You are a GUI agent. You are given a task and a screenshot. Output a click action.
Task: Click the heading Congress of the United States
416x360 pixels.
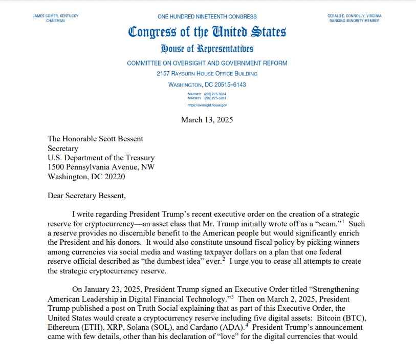point(207,32)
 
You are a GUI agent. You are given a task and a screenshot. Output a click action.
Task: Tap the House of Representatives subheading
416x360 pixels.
point(207,49)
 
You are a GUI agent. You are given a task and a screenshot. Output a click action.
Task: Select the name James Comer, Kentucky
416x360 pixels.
point(55,16)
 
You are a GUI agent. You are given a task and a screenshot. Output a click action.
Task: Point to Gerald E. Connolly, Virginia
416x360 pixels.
point(355,16)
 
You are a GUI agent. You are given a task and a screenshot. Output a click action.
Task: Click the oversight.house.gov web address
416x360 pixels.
point(207,104)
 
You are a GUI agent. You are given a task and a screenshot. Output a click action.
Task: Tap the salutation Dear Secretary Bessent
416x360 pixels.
point(86,195)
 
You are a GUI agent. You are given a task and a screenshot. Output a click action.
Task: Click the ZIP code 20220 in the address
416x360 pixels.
point(114,177)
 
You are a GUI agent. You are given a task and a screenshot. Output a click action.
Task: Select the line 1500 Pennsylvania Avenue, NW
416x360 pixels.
point(101,167)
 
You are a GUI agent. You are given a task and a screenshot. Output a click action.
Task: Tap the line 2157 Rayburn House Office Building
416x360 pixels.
point(207,74)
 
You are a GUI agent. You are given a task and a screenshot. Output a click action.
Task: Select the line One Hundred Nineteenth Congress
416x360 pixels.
point(207,17)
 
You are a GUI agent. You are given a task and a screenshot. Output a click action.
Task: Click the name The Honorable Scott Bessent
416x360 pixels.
point(95,139)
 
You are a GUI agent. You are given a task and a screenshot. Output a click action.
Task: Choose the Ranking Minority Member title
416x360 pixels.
point(355,21)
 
